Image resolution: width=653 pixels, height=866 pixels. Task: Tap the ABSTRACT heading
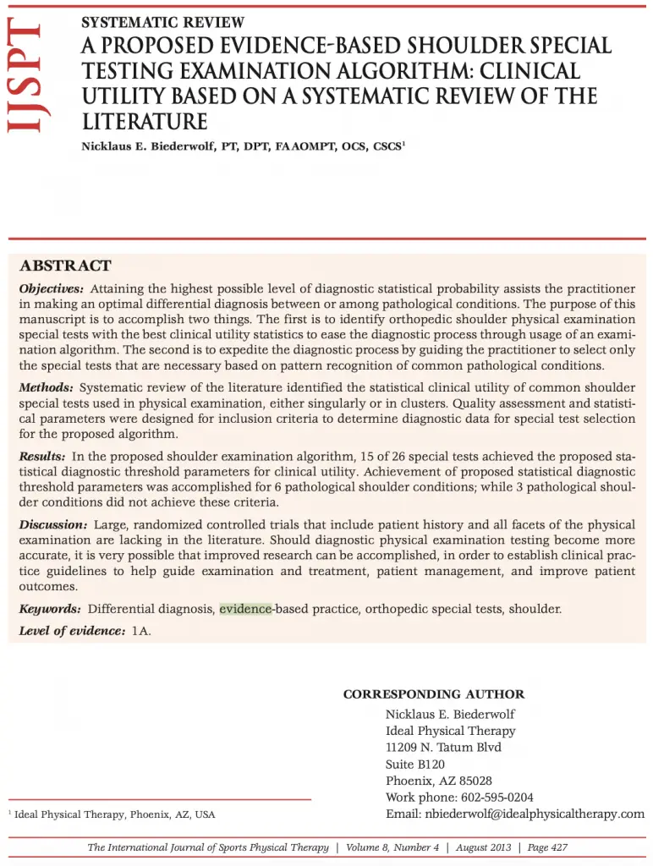click(x=65, y=266)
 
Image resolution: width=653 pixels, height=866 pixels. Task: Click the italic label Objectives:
click(x=52, y=289)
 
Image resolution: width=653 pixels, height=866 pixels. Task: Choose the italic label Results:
click(x=42, y=457)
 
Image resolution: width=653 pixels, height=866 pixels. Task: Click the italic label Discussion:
click(x=53, y=525)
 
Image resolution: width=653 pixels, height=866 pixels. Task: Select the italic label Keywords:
click(x=50, y=609)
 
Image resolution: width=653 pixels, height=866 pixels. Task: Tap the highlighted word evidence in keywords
click(x=245, y=609)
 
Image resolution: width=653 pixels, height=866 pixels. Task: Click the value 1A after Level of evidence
click(x=141, y=632)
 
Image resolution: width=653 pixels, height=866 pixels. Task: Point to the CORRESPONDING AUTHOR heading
click(x=433, y=694)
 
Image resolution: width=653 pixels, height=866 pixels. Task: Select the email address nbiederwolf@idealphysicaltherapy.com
click(x=533, y=814)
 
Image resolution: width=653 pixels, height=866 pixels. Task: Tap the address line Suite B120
click(x=414, y=765)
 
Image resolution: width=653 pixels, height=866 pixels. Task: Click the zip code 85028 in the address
click(x=475, y=781)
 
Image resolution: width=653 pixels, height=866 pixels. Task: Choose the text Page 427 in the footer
click(x=547, y=847)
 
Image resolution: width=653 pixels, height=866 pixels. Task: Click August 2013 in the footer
click(x=485, y=847)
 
